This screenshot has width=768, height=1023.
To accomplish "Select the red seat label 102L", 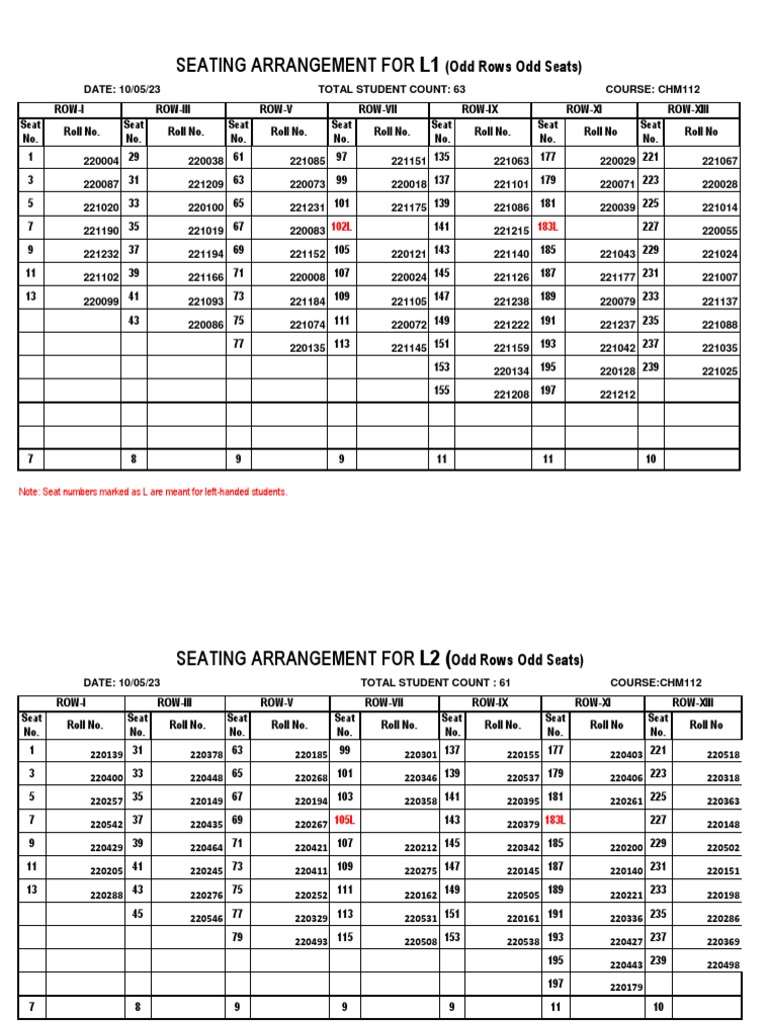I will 341,228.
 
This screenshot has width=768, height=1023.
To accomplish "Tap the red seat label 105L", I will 344,819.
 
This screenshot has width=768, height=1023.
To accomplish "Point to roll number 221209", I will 205,185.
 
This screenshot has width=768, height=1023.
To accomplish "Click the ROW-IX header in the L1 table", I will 479,109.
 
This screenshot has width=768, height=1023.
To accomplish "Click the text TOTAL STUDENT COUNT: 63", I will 391,89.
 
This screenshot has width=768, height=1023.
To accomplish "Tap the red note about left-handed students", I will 153,492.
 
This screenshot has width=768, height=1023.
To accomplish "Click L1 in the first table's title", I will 429,66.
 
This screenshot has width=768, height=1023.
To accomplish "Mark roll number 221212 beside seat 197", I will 617,395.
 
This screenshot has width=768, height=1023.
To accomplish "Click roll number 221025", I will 719,372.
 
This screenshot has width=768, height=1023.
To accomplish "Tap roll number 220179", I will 626,987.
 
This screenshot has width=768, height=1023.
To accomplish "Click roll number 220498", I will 722,965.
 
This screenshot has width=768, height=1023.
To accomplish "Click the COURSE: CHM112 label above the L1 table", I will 653,89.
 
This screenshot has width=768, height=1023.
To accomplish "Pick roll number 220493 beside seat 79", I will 311,941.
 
